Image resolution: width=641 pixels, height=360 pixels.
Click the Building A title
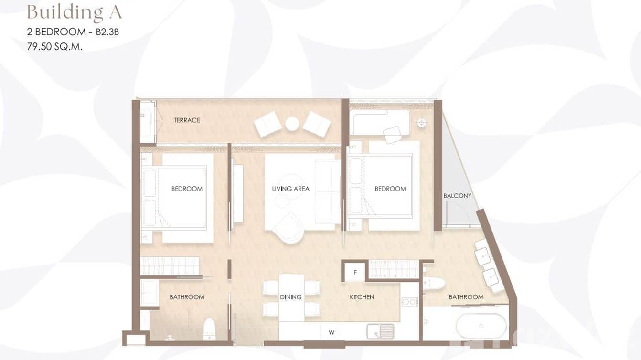(x=75, y=13)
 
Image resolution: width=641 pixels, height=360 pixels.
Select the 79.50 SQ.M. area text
(x=54, y=47)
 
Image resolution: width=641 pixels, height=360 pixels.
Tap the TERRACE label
(x=187, y=120)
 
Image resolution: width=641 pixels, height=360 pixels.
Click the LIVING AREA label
(x=290, y=189)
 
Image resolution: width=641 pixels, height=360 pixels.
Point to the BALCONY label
(x=457, y=196)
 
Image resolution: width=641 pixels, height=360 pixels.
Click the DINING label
(x=291, y=297)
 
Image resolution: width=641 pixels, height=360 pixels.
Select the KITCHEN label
(x=362, y=297)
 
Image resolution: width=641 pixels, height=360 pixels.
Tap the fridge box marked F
(x=355, y=272)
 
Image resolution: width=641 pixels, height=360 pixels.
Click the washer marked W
(x=331, y=332)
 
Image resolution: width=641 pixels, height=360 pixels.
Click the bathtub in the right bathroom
(x=481, y=326)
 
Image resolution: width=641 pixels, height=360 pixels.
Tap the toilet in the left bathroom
(x=209, y=329)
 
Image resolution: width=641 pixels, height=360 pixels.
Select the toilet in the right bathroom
(x=434, y=283)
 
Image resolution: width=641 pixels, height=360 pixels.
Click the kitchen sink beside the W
(x=380, y=331)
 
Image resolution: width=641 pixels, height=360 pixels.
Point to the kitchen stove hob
(x=409, y=302)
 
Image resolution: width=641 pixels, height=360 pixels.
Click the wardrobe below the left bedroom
(x=170, y=266)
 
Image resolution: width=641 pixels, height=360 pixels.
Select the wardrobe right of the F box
(x=393, y=269)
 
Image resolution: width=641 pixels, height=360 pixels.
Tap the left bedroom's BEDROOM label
(x=187, y=189)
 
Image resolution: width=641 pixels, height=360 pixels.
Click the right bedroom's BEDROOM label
(x=390, y=189)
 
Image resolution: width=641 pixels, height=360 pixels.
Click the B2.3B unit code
(x=107, y=32)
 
